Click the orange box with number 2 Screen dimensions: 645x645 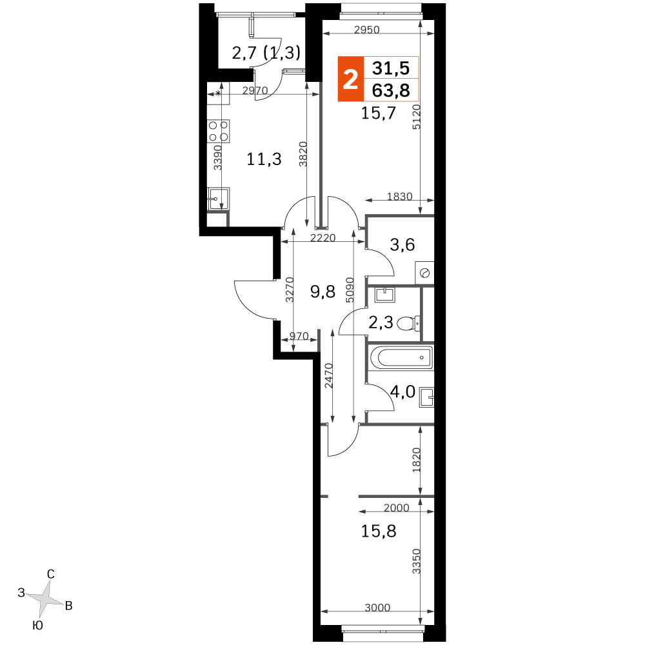tap(350, 79)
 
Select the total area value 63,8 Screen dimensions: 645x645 tap(391, 90)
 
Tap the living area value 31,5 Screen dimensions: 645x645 tap(391, 68)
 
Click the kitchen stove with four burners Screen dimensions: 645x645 tap(219, 131)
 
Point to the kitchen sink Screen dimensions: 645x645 tap(219, 199)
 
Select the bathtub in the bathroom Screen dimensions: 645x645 tap(401, 357)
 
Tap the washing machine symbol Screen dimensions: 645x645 tap(424, 272)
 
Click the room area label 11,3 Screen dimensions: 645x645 tap(264, 159)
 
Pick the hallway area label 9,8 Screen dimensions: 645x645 tap(323, 292)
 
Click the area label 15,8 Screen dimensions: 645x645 tap(379, 531)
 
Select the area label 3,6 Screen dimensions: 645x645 tap(402, 244)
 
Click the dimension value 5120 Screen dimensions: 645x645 tap(416, 117)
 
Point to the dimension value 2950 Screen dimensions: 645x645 tap(367, 30)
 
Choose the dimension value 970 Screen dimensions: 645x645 tap(299, 336)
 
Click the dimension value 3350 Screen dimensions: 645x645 tap(417, 561)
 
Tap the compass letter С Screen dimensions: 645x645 tap(50, 574)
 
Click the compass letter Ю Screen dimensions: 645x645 tap(37, 626)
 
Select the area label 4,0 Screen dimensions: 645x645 tap(402, 392)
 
